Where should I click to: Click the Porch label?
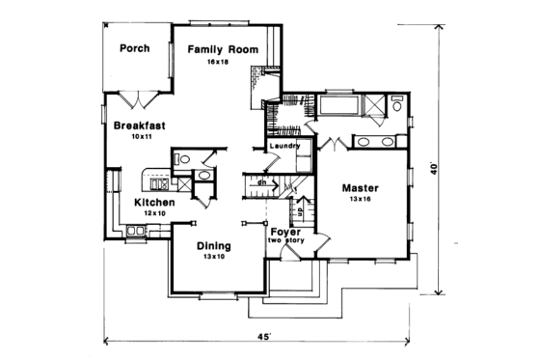pyautogui.click(x=133, y=48)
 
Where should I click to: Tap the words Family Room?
pyautogui.click(x=216, y=48)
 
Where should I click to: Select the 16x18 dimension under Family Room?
pyautogui.click(x=215, y=62)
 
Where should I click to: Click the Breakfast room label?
pyautogui.click(x=135, y=125)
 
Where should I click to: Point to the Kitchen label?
pyautogui.click(x=154, y=202)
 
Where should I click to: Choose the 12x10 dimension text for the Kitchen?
pyautogui.click(x=154, y=213)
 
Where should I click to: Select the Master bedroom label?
pyautogui.click(x=360, y=187)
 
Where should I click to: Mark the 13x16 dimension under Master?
pyautogui.click(x=360, y=199)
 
